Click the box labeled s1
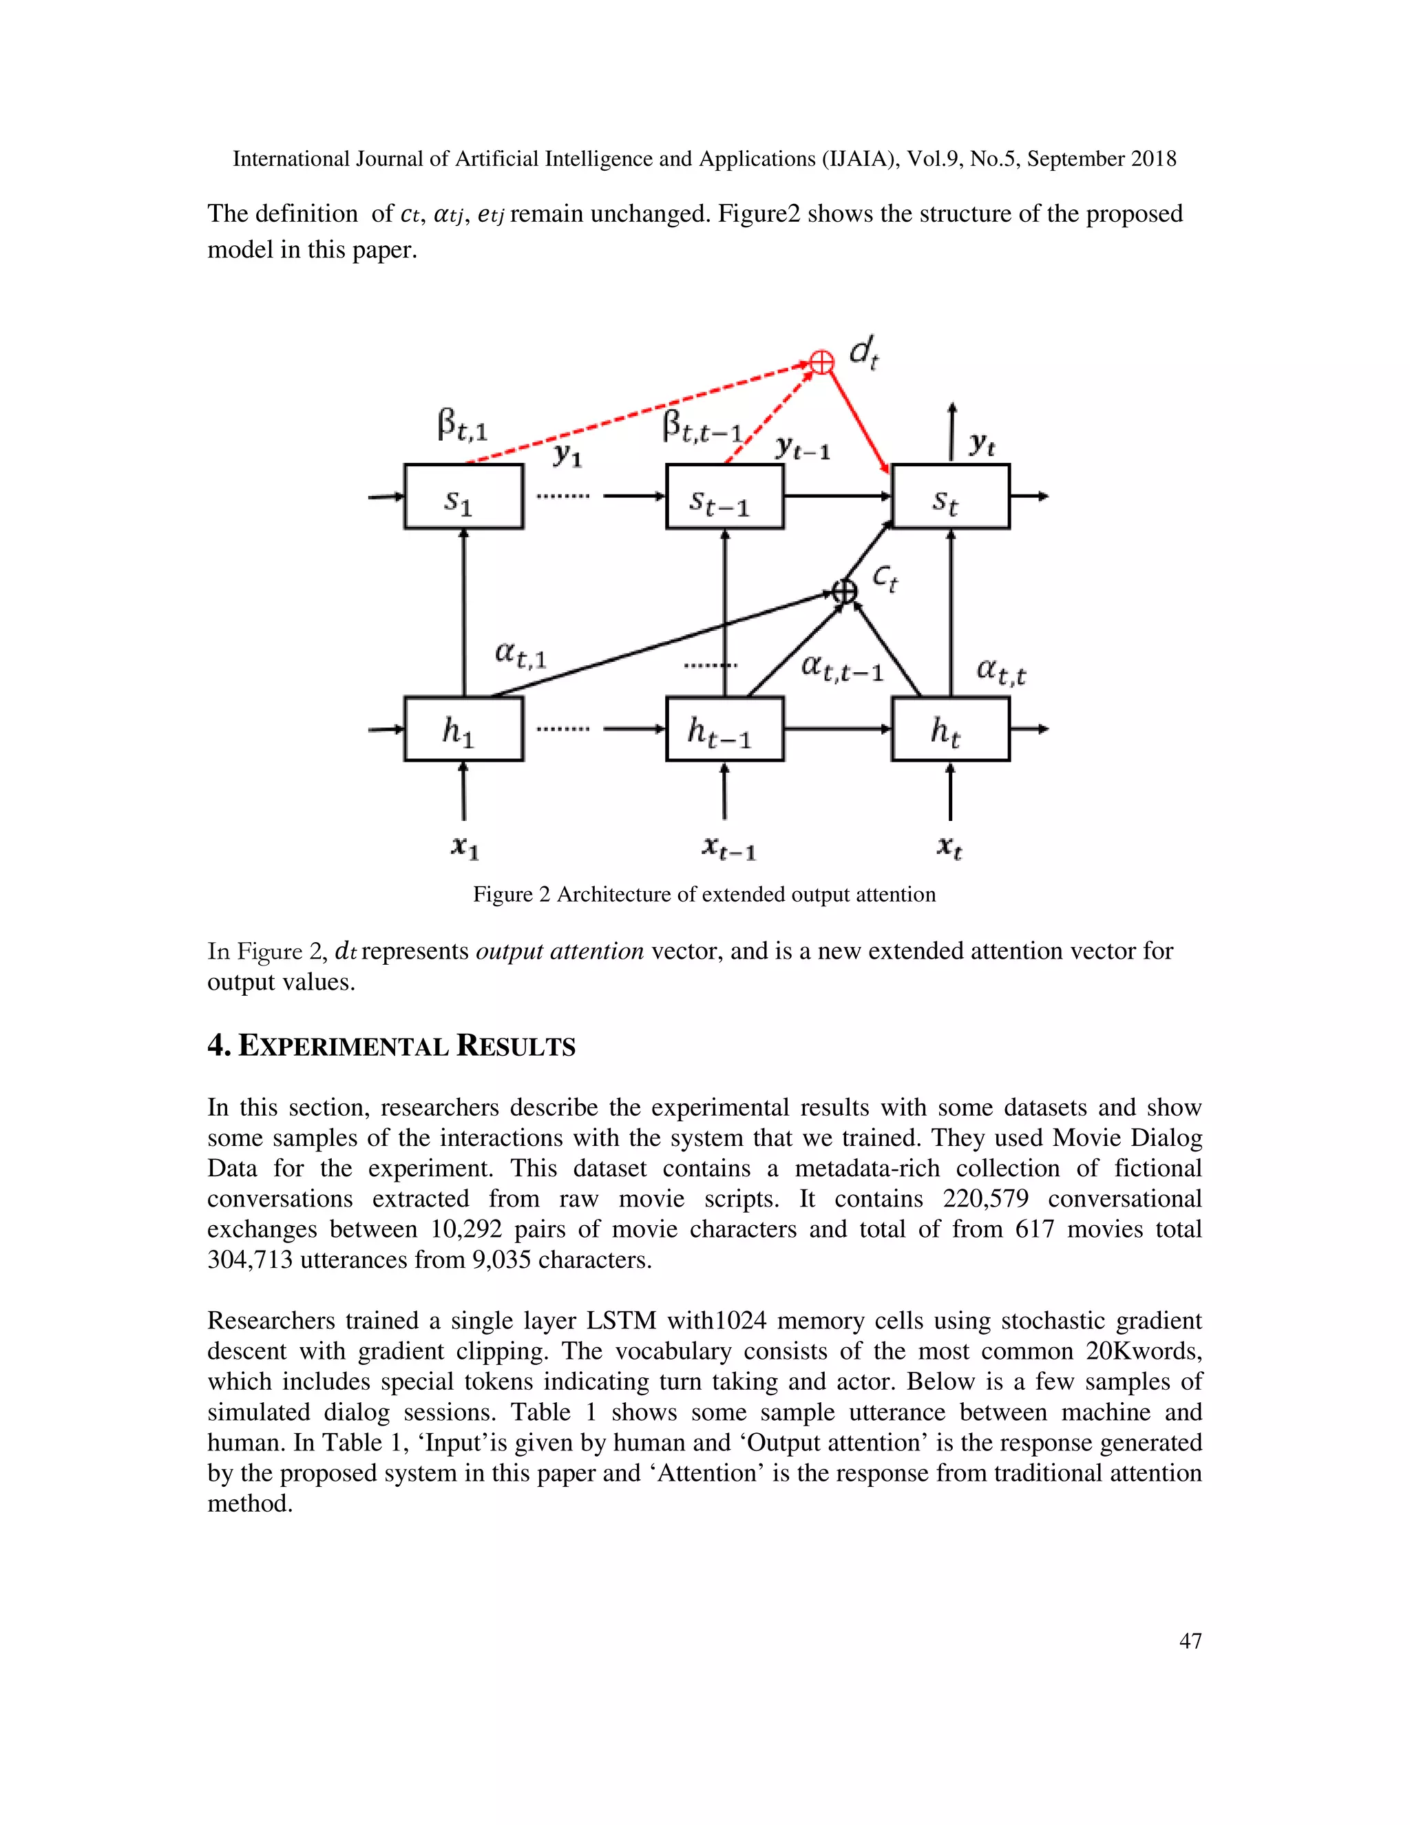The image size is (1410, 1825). [463, 497]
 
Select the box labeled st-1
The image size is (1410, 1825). [724, 497]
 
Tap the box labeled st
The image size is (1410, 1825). [951, 497]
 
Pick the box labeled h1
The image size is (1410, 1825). [463, 729]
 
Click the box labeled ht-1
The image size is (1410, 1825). [724, 729]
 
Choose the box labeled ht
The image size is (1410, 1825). [951, 729]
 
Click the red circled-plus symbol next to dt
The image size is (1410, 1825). [822, 362]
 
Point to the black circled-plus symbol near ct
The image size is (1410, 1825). [845, 591]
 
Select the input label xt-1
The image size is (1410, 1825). [728, 848]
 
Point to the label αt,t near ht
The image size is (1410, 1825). [1000, 671]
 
